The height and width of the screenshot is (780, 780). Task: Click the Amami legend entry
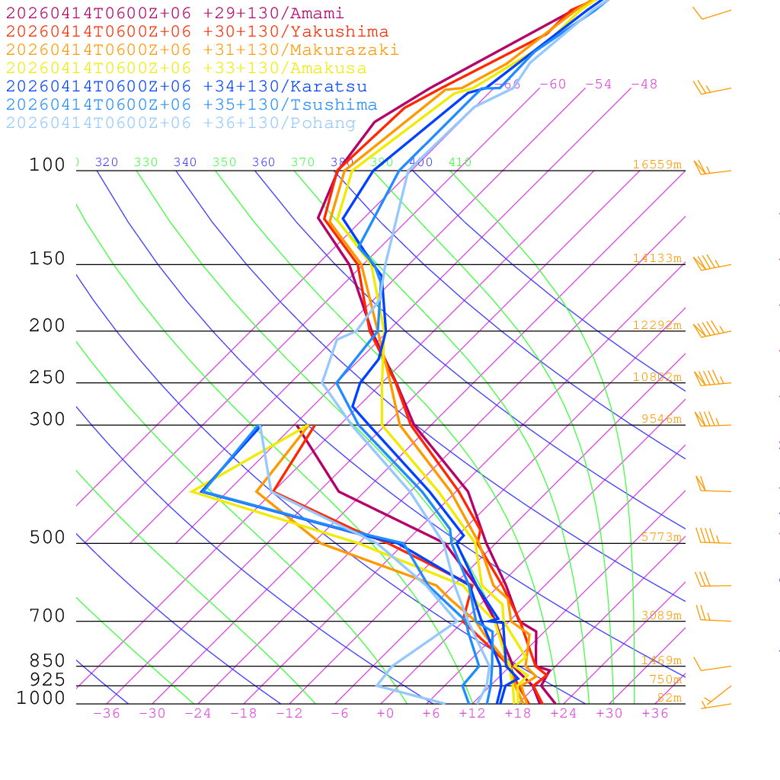pos(174,14)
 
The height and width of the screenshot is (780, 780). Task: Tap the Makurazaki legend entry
pos(202,50)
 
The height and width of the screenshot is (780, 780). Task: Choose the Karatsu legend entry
pos(186,87)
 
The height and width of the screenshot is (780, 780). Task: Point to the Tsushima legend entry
pos(191,105)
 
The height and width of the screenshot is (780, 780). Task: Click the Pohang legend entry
pos(181,123)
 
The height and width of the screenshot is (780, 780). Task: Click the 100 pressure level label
pos(47,165)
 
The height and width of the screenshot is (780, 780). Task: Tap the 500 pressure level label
pos(47,538)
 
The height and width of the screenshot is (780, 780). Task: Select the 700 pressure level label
pos(47,616)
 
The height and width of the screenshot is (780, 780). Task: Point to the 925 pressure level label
pos(47,679)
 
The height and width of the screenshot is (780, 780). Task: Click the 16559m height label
pos(657,165)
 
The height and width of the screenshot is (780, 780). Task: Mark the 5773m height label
pos(660,537)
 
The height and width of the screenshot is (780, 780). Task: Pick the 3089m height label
pos(660,615)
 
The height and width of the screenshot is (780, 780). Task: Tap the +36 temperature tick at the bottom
pos(655,714)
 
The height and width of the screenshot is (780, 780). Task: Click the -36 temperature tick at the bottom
pos(107,714)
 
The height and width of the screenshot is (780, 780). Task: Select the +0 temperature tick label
pos(385,714)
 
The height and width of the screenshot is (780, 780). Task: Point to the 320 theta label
pos(107,162)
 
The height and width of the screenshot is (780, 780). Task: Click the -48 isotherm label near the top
pos(644,85)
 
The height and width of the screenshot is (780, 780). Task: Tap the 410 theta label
pos(460,162)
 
